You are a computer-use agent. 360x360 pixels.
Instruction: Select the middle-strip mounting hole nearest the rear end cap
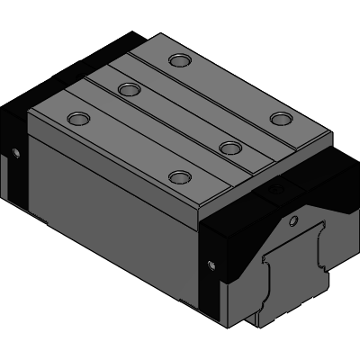(x=129, y=89)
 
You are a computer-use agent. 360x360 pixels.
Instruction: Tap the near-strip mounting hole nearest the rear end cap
(x=78, y=118)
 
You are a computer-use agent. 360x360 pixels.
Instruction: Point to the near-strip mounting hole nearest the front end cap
(x=181, y=176)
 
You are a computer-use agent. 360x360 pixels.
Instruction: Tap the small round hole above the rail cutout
(x=292, y=220)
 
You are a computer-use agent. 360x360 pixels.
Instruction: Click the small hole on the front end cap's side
(x=212, y=265)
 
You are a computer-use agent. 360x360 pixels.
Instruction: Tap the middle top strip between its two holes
(x=180, y=118)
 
